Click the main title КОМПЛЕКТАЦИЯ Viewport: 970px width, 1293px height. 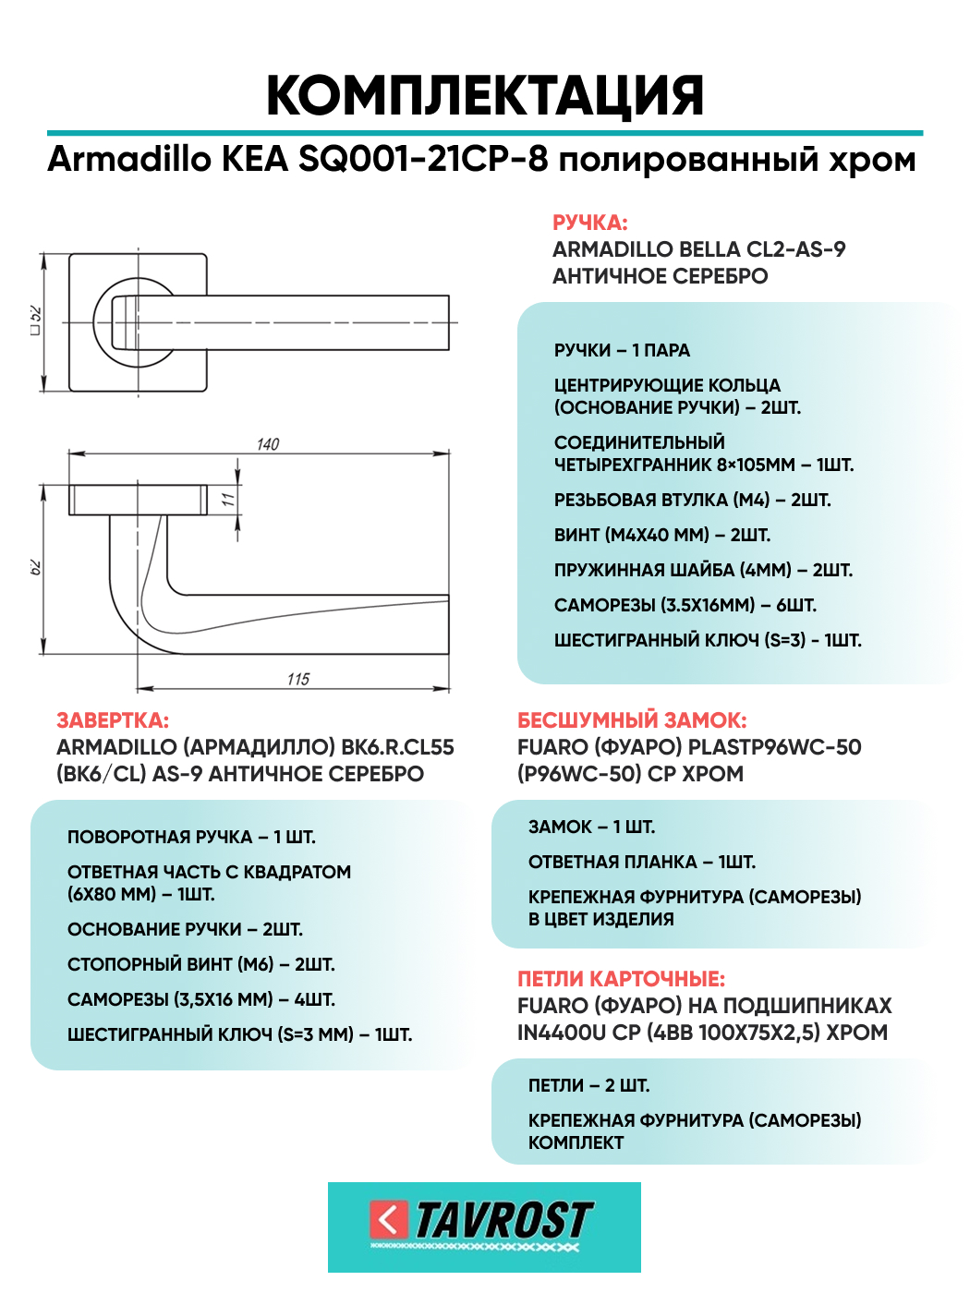[x=485, y=95]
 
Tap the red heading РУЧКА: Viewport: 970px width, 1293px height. [x=589, y=223]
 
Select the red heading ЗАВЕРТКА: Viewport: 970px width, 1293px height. [x=113, y=720]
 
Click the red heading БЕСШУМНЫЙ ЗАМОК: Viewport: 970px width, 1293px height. [x=632, y=720]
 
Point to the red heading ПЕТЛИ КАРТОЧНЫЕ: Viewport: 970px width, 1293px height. [x=621, y=979]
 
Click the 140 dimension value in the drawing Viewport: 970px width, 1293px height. [x=268, y=444]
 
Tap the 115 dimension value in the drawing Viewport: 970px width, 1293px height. [x=297, y=679]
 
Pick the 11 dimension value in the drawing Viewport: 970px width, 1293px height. [x=227, y=500]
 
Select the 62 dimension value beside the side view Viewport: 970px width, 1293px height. [x=36, y=566]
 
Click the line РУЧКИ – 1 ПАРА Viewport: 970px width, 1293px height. [x=622, y=350]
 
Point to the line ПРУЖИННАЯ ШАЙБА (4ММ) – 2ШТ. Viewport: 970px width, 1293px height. [x=703, y=570]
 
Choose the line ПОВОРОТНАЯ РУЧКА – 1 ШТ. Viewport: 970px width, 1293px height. [x=191, y=837]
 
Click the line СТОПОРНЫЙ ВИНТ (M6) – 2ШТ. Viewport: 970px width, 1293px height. [x=200, y=964]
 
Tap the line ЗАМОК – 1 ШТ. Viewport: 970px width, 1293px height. [x=591, y=827]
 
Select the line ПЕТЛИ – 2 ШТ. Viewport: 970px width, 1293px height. [x=588, y=1085]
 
